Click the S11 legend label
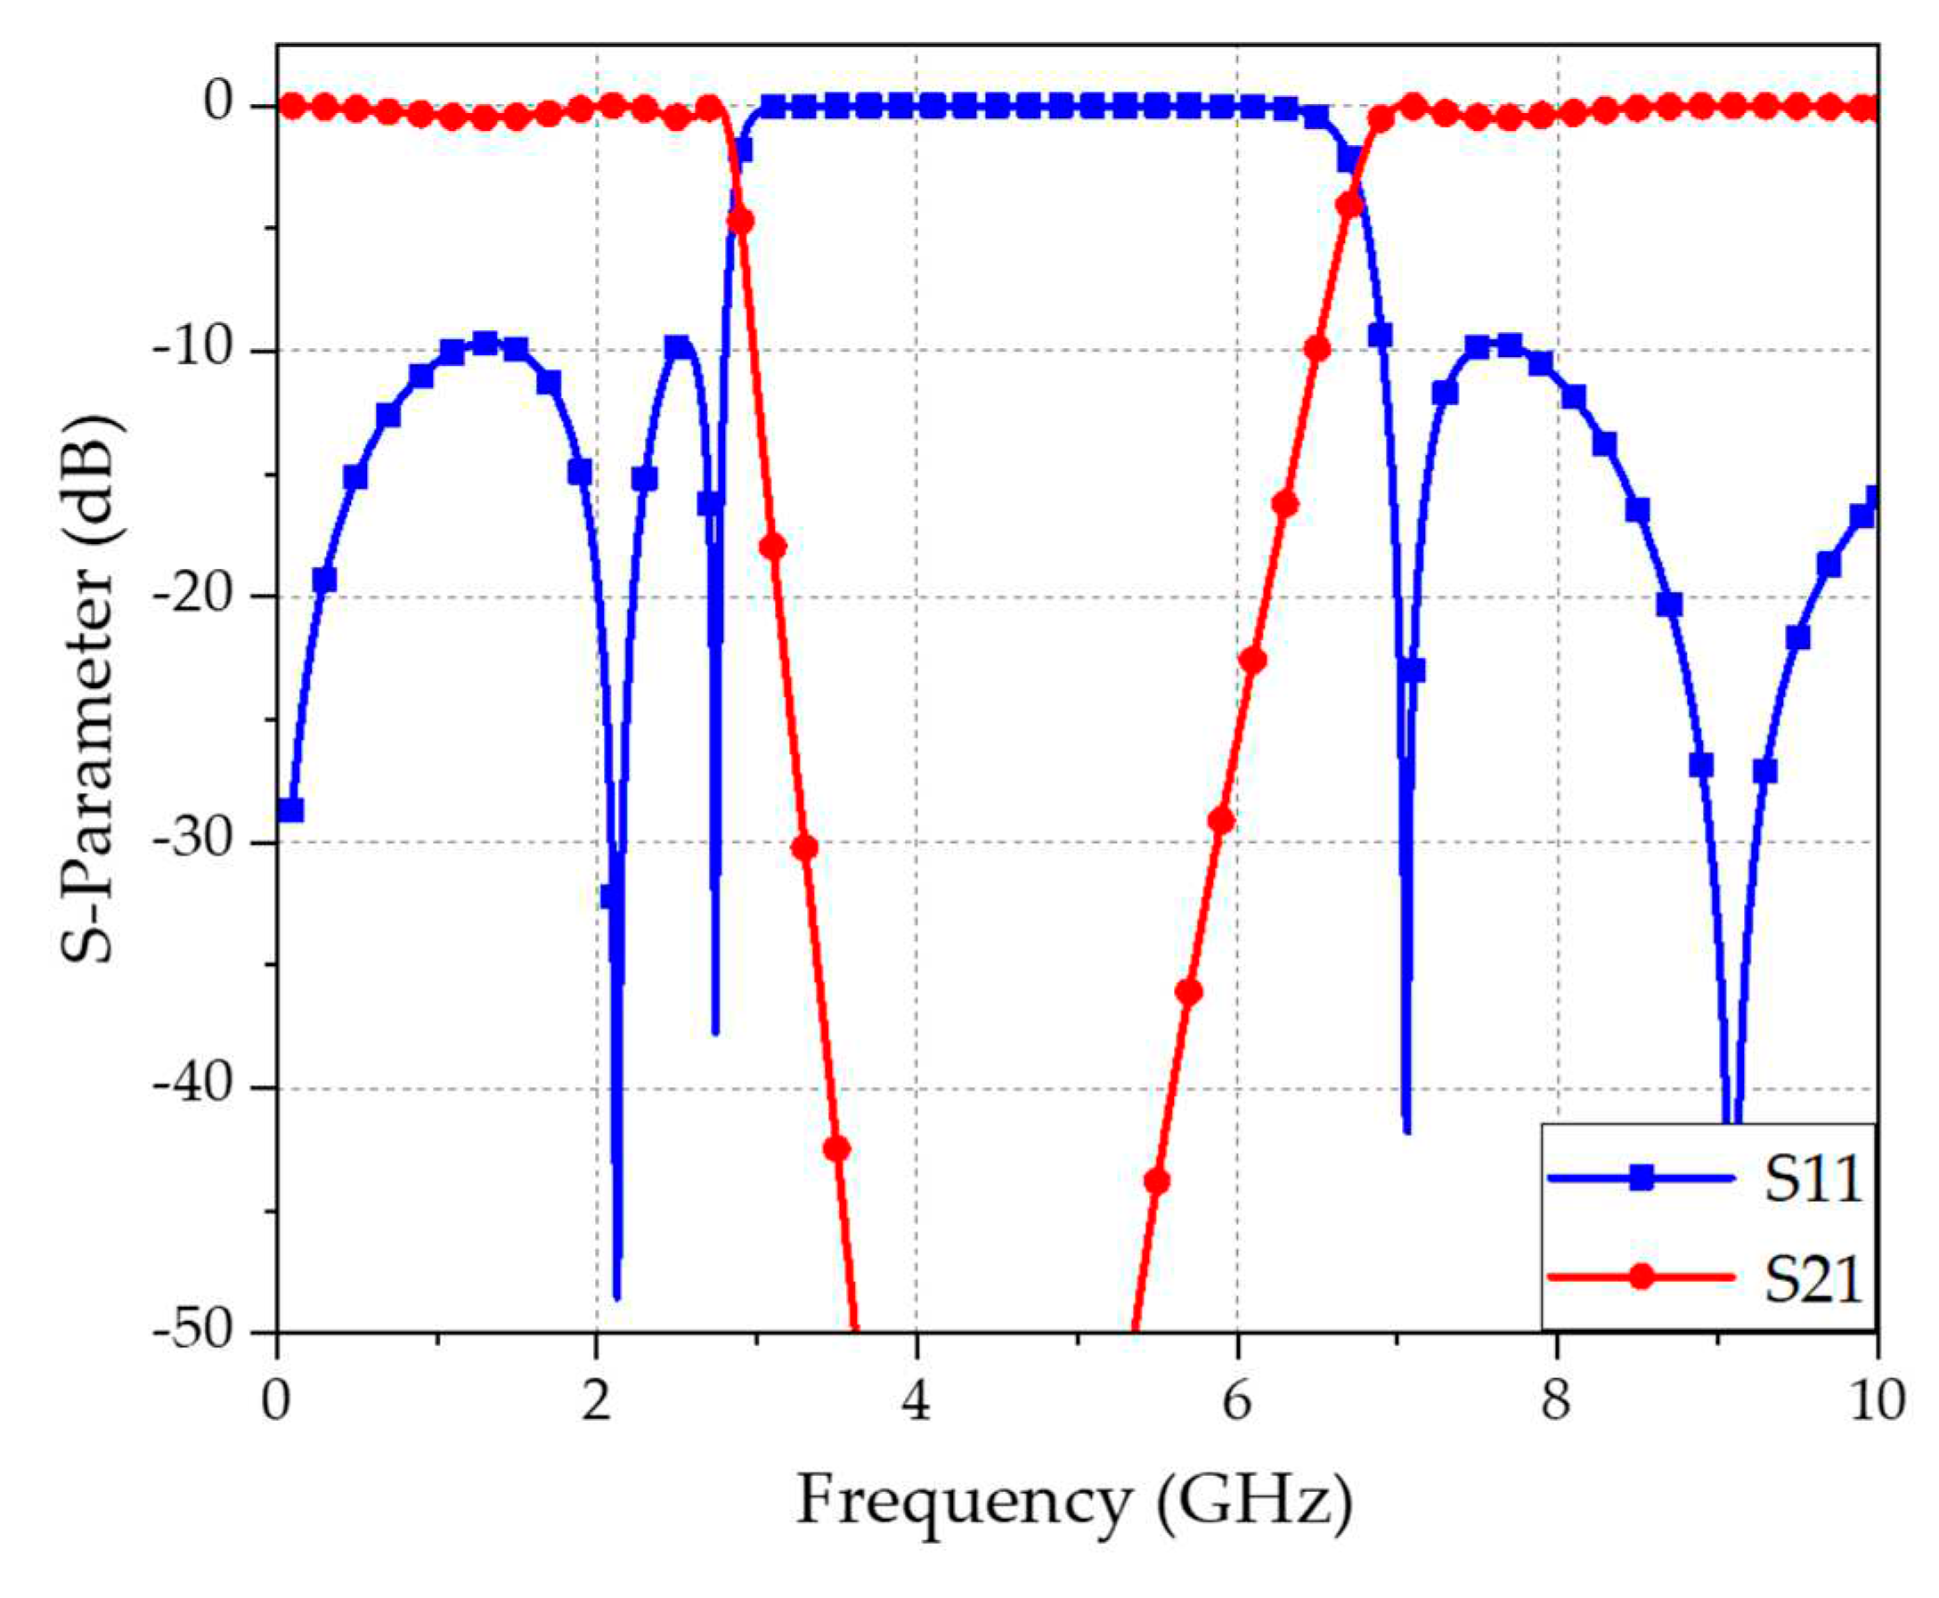pyautogui.click(x=1812, y=1180)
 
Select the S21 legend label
pyautogui.click(x=1812, y=1279)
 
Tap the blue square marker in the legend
pyautogui.click(x=1641, y=1179)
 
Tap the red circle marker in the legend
pyautogui.click(x=1641, y=1278)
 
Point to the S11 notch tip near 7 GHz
pyautogui.click(x=1405, y=1131)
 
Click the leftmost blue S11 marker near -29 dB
pyautogui.click(x=291, y=810)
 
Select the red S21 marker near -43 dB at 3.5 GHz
pyautogui.click(x=836, y=1148)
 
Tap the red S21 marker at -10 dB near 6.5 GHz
pyautogui.click(x=1316, y=348)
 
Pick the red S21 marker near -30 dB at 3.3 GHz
pyautogui.click(x=804, y=847)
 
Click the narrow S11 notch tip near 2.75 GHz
pyautogui.click(x=715, y=1031)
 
